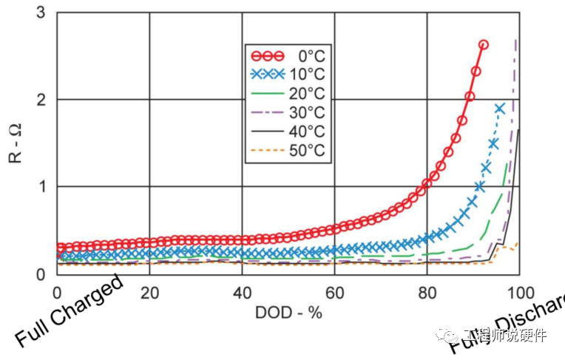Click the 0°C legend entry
tap(288, 55)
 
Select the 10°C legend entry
tap(288, 75)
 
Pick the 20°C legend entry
tap(288, 94)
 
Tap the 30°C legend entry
tap(288, 113)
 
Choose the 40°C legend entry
tap(288, 132)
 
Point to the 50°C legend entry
tap(288, 152)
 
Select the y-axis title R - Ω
tap(16, 143)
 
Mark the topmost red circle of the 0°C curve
tap(484, 44)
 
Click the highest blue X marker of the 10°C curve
tap(500, 108)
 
